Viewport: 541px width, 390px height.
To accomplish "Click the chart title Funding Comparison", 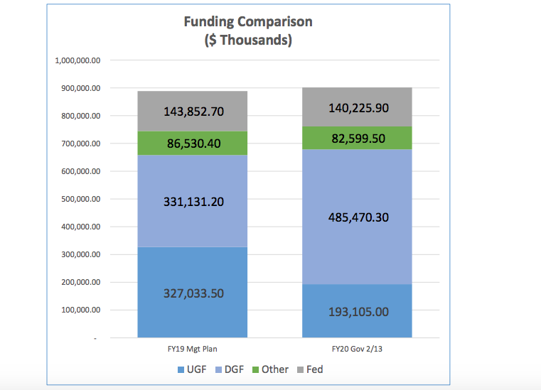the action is pos(248,22).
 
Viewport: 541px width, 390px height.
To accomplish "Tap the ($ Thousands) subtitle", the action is pos(248,40).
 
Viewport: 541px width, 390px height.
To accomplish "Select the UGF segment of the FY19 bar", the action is pos(193,292).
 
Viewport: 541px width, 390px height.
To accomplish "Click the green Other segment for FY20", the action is pos(357,138).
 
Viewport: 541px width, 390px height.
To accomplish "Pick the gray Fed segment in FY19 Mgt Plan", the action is pos(193,111).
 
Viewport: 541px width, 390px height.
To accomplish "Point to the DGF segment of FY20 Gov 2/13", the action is pos(357,217).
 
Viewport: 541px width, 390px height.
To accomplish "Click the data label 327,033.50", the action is pos(193,293).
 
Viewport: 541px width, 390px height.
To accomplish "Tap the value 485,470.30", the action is pos(358,217).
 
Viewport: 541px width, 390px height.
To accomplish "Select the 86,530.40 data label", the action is pos(193,143).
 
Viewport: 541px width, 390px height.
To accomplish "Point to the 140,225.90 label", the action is pos(358,108).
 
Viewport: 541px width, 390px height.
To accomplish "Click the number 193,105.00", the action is pos(358,312).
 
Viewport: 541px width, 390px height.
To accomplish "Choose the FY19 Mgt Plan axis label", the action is pos(193,349).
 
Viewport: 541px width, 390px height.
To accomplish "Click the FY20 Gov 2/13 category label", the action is pos(357,349).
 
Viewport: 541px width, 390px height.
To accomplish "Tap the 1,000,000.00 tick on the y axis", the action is pos(77,60).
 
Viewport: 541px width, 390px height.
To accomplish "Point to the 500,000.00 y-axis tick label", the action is pos(81,200).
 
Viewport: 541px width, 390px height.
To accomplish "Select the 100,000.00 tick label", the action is pos(81,310).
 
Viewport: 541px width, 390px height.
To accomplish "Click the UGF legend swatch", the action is pos(181,369).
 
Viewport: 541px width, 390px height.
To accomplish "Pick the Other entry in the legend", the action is pos(270,369).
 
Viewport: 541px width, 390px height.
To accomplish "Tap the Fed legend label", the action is pos(315,369).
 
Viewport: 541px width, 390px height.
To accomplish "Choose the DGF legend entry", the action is pos(230,369).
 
